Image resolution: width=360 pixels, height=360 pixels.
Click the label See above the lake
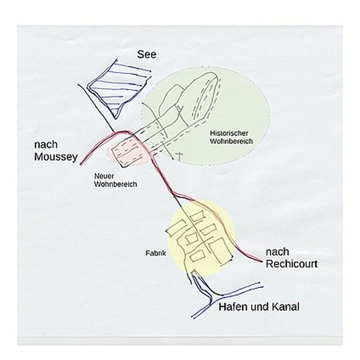147,55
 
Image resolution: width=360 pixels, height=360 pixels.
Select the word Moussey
56,157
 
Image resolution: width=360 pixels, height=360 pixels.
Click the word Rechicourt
292,264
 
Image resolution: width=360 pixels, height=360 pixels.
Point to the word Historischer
229,133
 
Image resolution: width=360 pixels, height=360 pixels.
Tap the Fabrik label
156,253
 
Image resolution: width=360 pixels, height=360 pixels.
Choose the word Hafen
233,307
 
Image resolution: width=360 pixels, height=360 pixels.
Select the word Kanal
285,307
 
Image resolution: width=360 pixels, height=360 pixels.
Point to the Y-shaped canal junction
212,298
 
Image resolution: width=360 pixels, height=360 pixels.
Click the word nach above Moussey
46,145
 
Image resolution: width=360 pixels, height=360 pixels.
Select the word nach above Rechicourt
277,252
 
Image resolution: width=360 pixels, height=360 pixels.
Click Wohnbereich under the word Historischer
231,141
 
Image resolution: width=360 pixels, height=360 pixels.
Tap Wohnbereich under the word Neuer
116,184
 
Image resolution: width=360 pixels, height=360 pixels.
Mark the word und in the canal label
260,307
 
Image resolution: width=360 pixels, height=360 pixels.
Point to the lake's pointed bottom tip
116,118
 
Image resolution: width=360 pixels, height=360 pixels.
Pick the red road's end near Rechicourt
261,261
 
